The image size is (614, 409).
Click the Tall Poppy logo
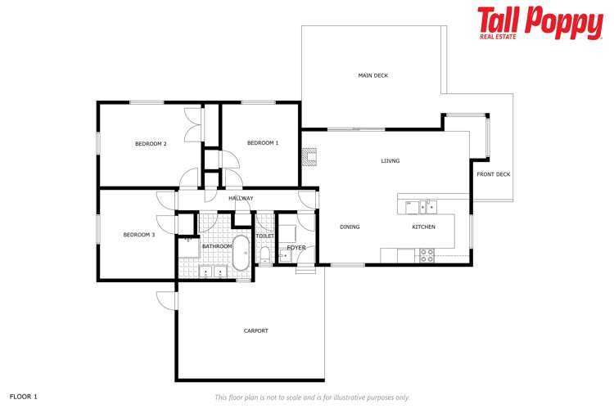(x=540, y=23)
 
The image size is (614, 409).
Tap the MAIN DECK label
(x=372, y=75)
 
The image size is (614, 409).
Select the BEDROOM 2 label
(x=151, y=144)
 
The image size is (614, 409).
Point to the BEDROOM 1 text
(x=263, y=143)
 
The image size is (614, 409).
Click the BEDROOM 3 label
(x=138, y=235)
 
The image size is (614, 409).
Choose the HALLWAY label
(x=241, y=199)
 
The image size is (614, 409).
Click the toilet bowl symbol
(x=264, y=255)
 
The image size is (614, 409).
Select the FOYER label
(x=296, y=247)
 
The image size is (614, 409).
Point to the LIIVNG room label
(x=391, y=161)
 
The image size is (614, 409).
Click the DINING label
(x=350, y=227)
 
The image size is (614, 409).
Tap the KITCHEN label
(x=423, y=227)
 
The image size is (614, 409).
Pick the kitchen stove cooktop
(x=427, y=256)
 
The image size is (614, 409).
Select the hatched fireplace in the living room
(x=309, y=156)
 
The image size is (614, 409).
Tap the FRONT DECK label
(x=494, y=174)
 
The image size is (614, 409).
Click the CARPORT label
(x=256, y=330)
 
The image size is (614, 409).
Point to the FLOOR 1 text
(x=24, y=397)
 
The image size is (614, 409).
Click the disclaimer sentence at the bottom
(x=312, y=398)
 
